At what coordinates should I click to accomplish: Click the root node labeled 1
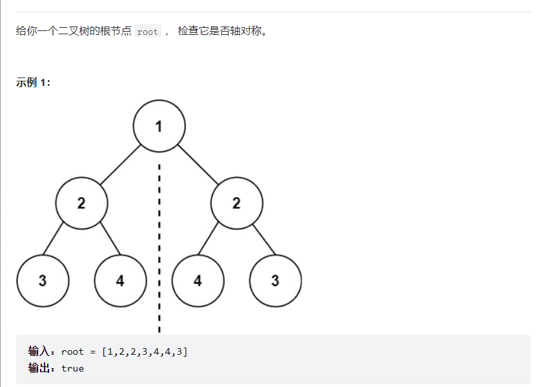click(x=159, y=126)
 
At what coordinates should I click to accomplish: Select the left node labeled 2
click(x=81, y=203)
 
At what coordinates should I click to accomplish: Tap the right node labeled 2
click(x=236, y=203)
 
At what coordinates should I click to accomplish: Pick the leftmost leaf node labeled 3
click(x=43, y=280)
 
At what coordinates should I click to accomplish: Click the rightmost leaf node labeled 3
click(x=275, y=280)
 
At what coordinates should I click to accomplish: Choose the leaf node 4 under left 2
click(x=120, y=280)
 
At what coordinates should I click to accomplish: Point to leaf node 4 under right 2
click(x=198, y=280)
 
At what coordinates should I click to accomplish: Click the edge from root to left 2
click(x=120, y=164)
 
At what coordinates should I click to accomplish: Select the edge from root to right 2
click(x=198, y=164)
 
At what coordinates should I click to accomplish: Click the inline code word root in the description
click(x=147, y=32)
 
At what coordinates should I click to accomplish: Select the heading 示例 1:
click(x=33, y=83)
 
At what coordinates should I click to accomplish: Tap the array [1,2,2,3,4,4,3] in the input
click(x=145, y=351)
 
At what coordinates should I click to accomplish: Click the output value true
click(x=72, y=368)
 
